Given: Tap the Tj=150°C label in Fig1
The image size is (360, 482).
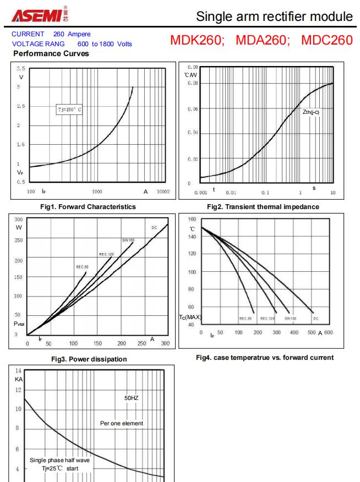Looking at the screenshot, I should coord(69,109).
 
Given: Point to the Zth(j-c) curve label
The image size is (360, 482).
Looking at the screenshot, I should coord(310,113).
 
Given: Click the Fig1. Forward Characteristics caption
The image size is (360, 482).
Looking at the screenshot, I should coord(91,206).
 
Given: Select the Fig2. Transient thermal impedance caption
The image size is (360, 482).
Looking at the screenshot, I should coord(261,206).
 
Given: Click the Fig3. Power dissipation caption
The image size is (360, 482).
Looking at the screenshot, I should coord(91,359).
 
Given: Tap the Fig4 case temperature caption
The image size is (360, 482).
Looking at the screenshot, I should coord(265,358).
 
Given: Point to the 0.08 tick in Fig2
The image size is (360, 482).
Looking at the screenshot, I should coord(192,83).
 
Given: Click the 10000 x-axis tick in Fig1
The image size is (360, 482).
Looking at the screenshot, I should coord(162,191).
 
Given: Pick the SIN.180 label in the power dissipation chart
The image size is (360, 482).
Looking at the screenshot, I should coord(128,240).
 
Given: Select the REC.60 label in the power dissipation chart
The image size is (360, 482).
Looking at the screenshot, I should coord(82,266).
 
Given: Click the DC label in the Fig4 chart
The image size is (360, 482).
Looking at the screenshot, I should coord(316,318).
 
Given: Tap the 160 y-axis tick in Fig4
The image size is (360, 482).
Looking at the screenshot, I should coord(192,220).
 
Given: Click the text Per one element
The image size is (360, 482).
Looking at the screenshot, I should coord(122,423).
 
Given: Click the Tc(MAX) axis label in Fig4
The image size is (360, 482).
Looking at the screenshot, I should coord(190,317).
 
